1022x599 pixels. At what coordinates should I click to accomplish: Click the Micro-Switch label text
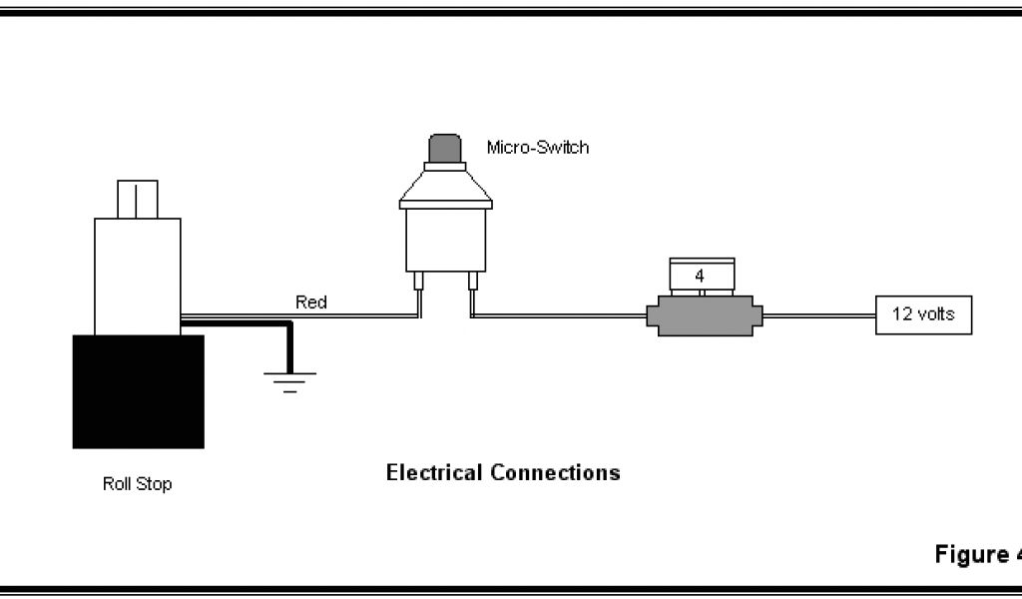pyautogui.click(x=537, y=148)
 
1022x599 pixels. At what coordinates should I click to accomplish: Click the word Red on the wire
pyautogui.click(x=310, y=301)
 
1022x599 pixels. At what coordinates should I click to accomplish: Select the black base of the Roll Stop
pyautogui.click(x=138, y=391)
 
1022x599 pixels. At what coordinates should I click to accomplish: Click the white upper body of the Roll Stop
pyautogui.click(x=138, y=275)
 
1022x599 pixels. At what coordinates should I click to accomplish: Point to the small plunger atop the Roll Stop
pyautogui.click(x=138, y=199)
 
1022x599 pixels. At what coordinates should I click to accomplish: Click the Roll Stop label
pyautogui.click(x=138, y=484)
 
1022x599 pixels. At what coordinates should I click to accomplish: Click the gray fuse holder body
pyautogui.click(x=704, y=317)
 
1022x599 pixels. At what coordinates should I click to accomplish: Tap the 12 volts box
pyautogui.click(x=923, y=314)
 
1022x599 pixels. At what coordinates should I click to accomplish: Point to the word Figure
pyautogui.click(x=970, y=554)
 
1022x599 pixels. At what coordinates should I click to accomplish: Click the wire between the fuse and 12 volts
pyautogui.click(x=818, y=315)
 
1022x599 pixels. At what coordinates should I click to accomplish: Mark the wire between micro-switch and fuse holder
pyautogui.click(x=559, y=315)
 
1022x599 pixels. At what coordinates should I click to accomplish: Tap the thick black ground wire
pyautogui.click(x=290, y=344)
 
